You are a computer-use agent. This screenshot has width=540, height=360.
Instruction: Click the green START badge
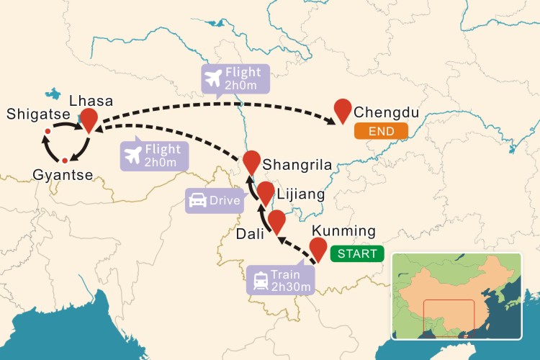[x=357, y=254]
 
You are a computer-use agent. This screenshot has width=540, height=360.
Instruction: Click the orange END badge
[x=380, y=132]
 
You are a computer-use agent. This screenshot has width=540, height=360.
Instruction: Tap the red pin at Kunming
[x=318, y=248]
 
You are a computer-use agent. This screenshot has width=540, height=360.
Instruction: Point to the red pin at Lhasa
[x=89, y=120]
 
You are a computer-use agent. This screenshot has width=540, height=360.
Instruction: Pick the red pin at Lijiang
[x=266, y=192]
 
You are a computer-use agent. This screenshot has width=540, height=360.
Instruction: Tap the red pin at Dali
[x=276, y=220]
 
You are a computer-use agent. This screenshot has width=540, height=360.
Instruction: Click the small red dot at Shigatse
[x=47, y=131]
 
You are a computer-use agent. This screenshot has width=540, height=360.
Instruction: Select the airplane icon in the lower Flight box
[x=134, y=154]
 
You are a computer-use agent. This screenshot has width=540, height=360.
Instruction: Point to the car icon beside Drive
[x=197, y=201]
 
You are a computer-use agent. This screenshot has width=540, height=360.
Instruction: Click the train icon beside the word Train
[x=258, y=275]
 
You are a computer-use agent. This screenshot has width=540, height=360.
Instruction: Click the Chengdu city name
[x=387, y=113]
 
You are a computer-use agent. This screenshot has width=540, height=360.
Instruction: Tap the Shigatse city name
[x=35, y=114]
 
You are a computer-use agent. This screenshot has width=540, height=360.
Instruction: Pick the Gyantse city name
[x=61, y=175]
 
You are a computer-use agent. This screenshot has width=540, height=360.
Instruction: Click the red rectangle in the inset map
[x=449, y=318]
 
